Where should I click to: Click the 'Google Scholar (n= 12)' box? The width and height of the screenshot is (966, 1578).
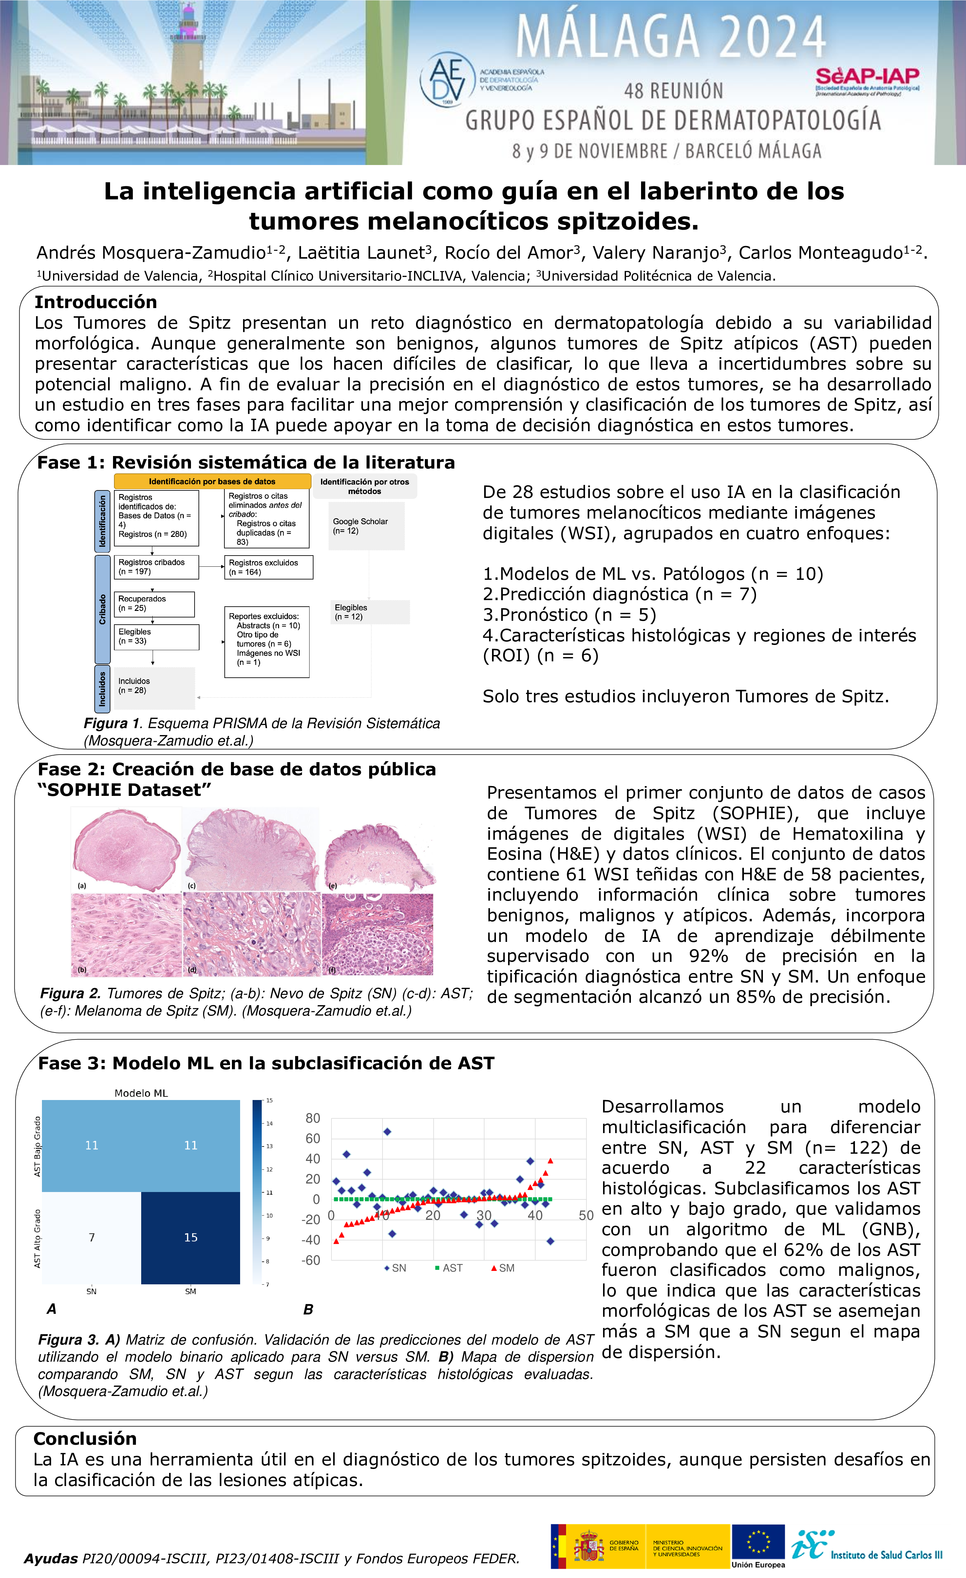coord(367,526)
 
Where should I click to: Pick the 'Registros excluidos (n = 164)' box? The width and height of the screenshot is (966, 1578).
coord(268,567)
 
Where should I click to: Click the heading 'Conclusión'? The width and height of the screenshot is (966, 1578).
coord(85,1439)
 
